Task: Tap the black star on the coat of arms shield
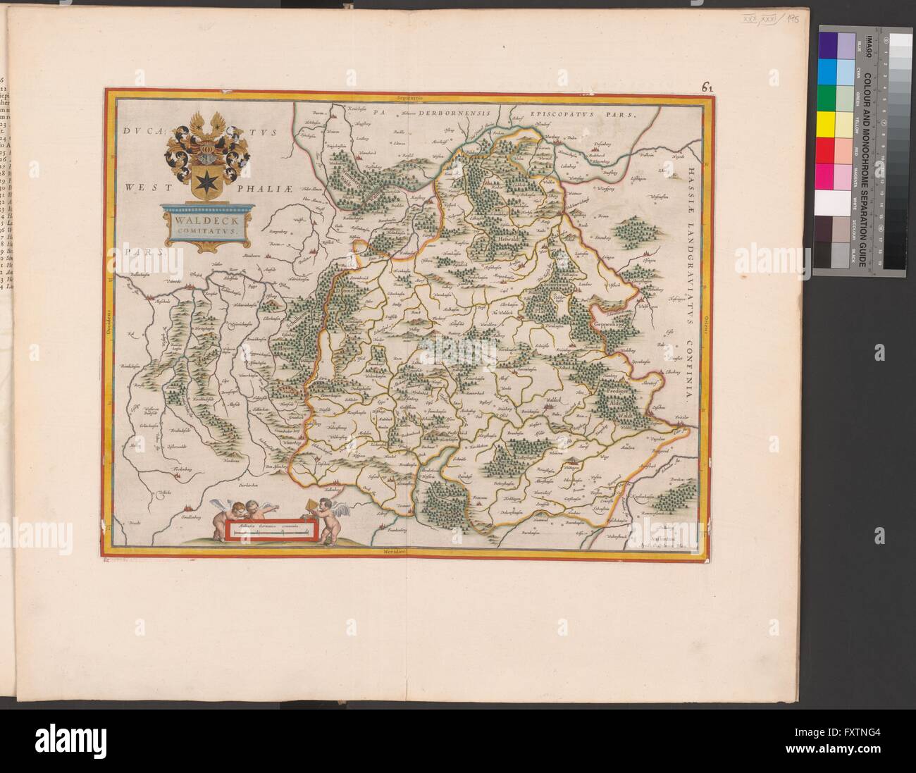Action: tap(205, 177)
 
